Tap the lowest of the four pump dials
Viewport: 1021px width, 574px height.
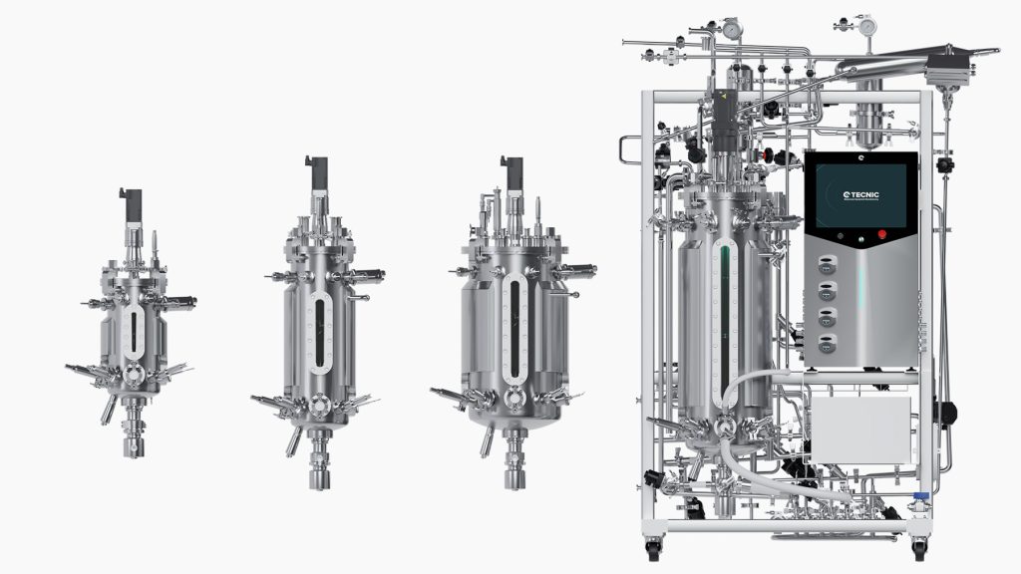click(x=827, y=342)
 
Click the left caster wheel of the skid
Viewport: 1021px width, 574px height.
click(x=653, y=547)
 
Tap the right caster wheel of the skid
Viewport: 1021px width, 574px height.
click(x=918, y=547)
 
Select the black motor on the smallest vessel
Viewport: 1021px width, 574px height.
click(x=130, y=203)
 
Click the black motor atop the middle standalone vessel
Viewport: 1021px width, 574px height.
click(x=316, y=172)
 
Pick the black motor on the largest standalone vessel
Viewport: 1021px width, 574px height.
click(x=514, y=173)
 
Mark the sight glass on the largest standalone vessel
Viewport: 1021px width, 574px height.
click(x=514, y=329)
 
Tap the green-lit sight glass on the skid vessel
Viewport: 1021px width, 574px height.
click(x=726, y=319)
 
